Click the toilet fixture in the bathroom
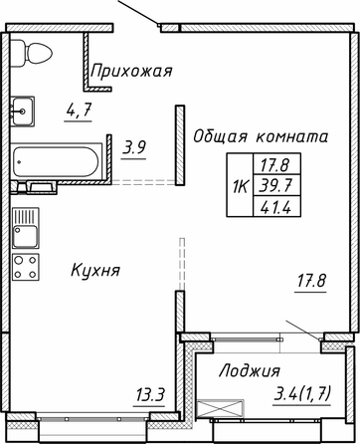(x=31, y=53)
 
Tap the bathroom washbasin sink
(x=23, y=111)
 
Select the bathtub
(x=56, y=161)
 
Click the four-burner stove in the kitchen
(x=26, y=267)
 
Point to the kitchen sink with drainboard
(x=26, y=228)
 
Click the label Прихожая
(x=131, y=72)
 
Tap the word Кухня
(x=95, y=270)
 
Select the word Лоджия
(x=250, y=370)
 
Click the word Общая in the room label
(x=221, y=136)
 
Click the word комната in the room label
(x=292, y=136)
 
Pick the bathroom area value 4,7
(x=79, y=111)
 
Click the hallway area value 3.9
(x=134, y=147)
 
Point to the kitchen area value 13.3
(x=150, y=395)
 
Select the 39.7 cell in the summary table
(x=276, y=185)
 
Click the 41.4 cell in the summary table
(x=276, y=207)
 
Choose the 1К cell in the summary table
(x=240, y=185)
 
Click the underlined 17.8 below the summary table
(x=311, y=281)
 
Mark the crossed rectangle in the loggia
(x=220, y=408)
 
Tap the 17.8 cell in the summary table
(x=276, y=164)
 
